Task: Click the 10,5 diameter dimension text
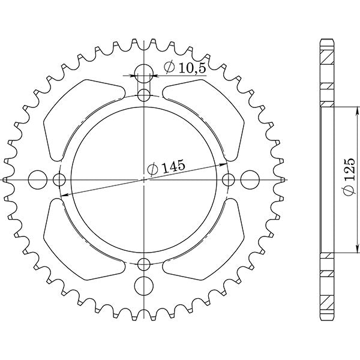[184, 68]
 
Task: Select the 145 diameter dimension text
[166, 168]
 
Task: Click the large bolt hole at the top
[143, 75]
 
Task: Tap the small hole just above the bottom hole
[143, 263]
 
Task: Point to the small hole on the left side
[59, 179]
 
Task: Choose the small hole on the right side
[228, 179]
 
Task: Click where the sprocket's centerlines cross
[143, 179]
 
